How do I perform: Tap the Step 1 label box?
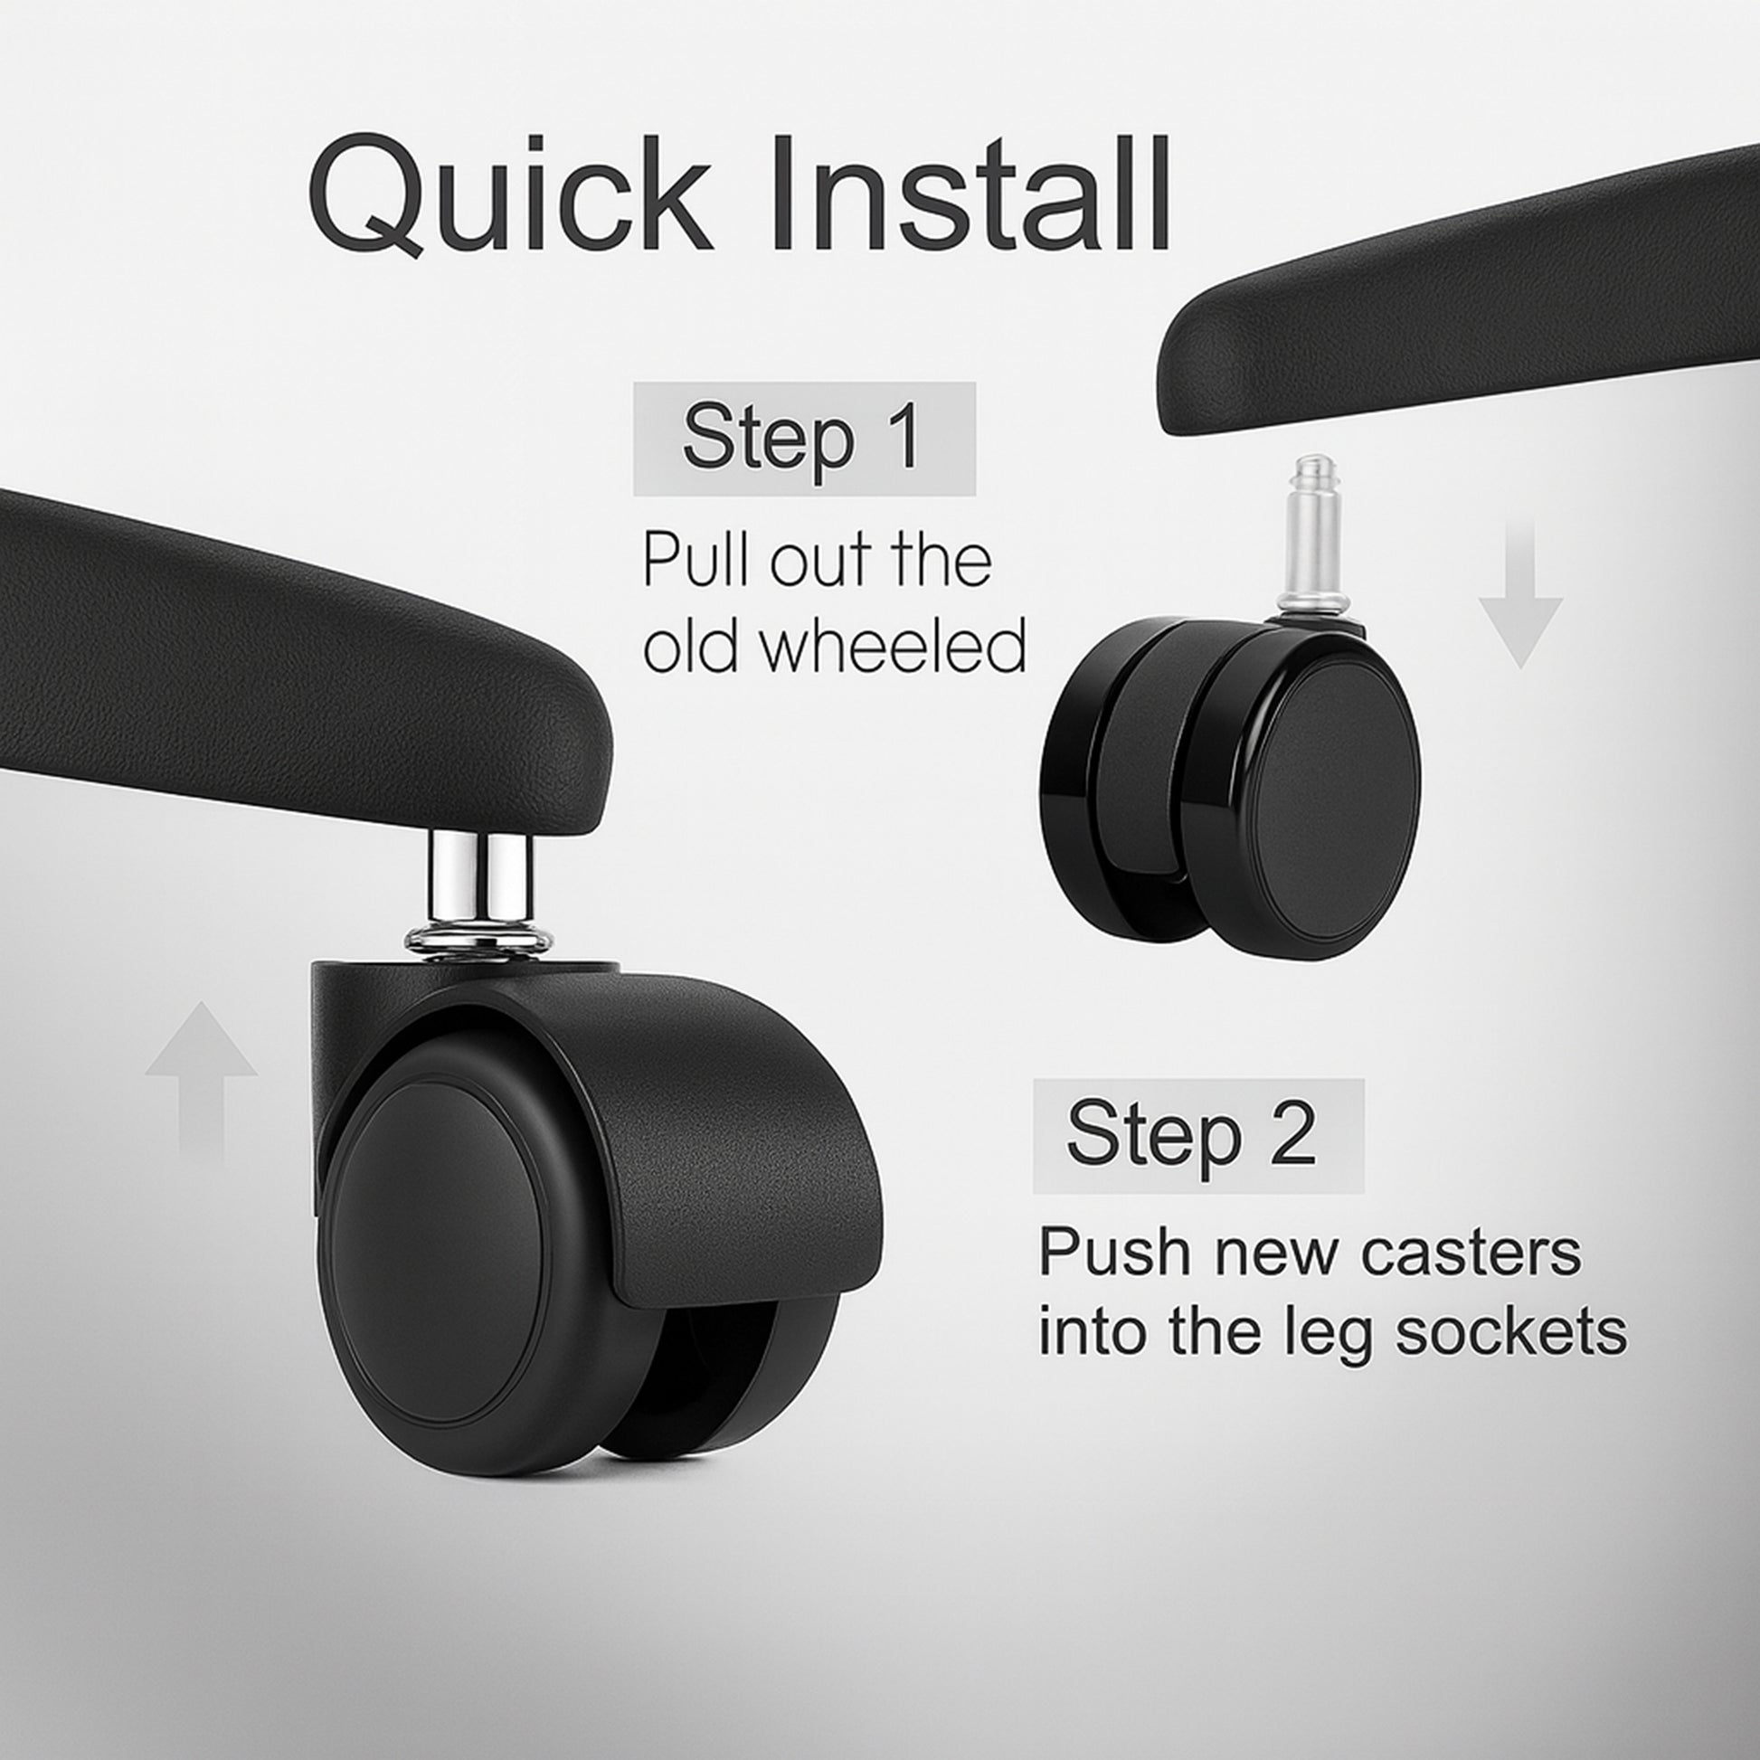(x=804, y=438)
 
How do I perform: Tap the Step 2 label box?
(x=1198, y=1136)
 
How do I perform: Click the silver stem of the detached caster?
(x=1313, y=540)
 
